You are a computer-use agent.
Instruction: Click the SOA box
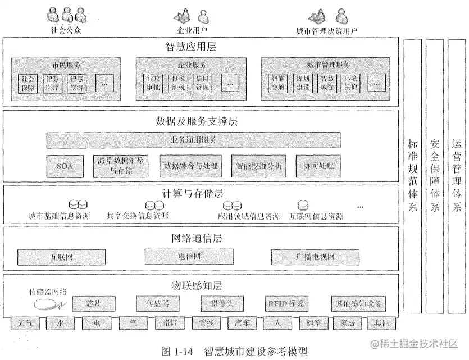tap(66, 166)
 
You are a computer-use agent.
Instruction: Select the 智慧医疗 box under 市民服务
tap(52, 83)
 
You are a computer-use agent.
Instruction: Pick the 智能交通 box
tap(277, 83)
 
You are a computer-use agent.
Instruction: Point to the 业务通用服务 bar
tap(193, 140)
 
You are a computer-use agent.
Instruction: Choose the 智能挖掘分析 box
tap(259, 166)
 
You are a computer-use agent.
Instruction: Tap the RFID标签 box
tap(286, 304)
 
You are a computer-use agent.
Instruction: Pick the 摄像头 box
tap(221, 304)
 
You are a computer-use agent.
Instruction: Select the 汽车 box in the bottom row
tap(242, 323)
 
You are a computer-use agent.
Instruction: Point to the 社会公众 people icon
tap(66, 15)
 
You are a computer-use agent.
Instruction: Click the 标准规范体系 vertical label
tap(413, 175)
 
